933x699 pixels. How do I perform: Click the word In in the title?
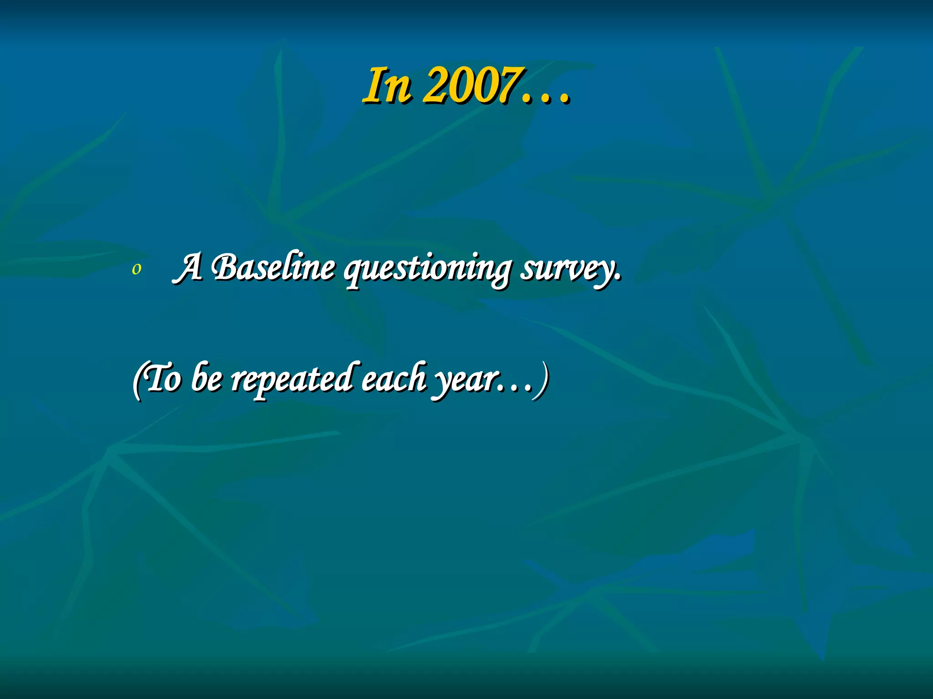(387, 86)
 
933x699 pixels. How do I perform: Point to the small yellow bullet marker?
(136, 269)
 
